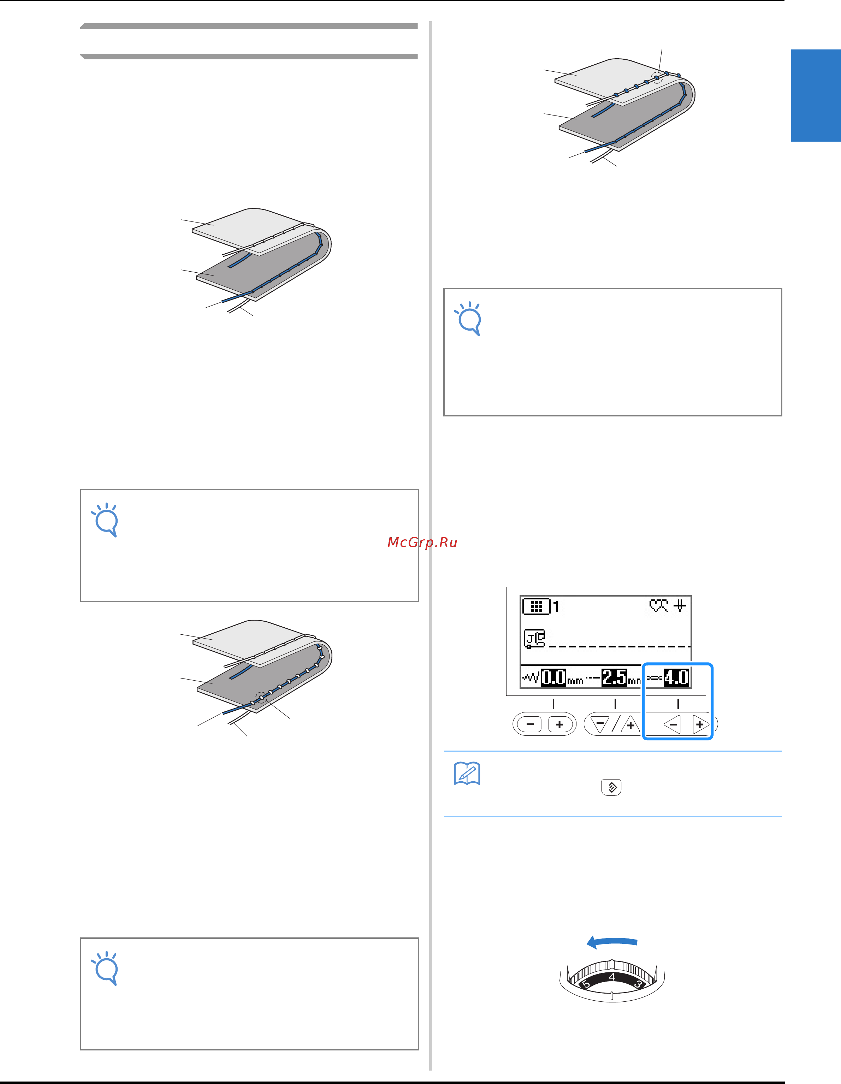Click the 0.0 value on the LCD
tap(553, 677)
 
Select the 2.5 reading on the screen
tap(614, 677)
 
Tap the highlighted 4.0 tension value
tap(676, 677)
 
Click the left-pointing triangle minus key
tap(672, 725)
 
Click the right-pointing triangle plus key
tap(700, 725)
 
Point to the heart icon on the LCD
tap(659, 606)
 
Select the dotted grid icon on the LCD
tap(536, 606)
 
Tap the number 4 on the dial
tap(612, 977)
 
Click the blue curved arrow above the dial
tap(612, 941)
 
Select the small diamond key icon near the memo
tap(611, 787)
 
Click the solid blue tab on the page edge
tap(816, 95)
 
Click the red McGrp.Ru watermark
tap(422, 543)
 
